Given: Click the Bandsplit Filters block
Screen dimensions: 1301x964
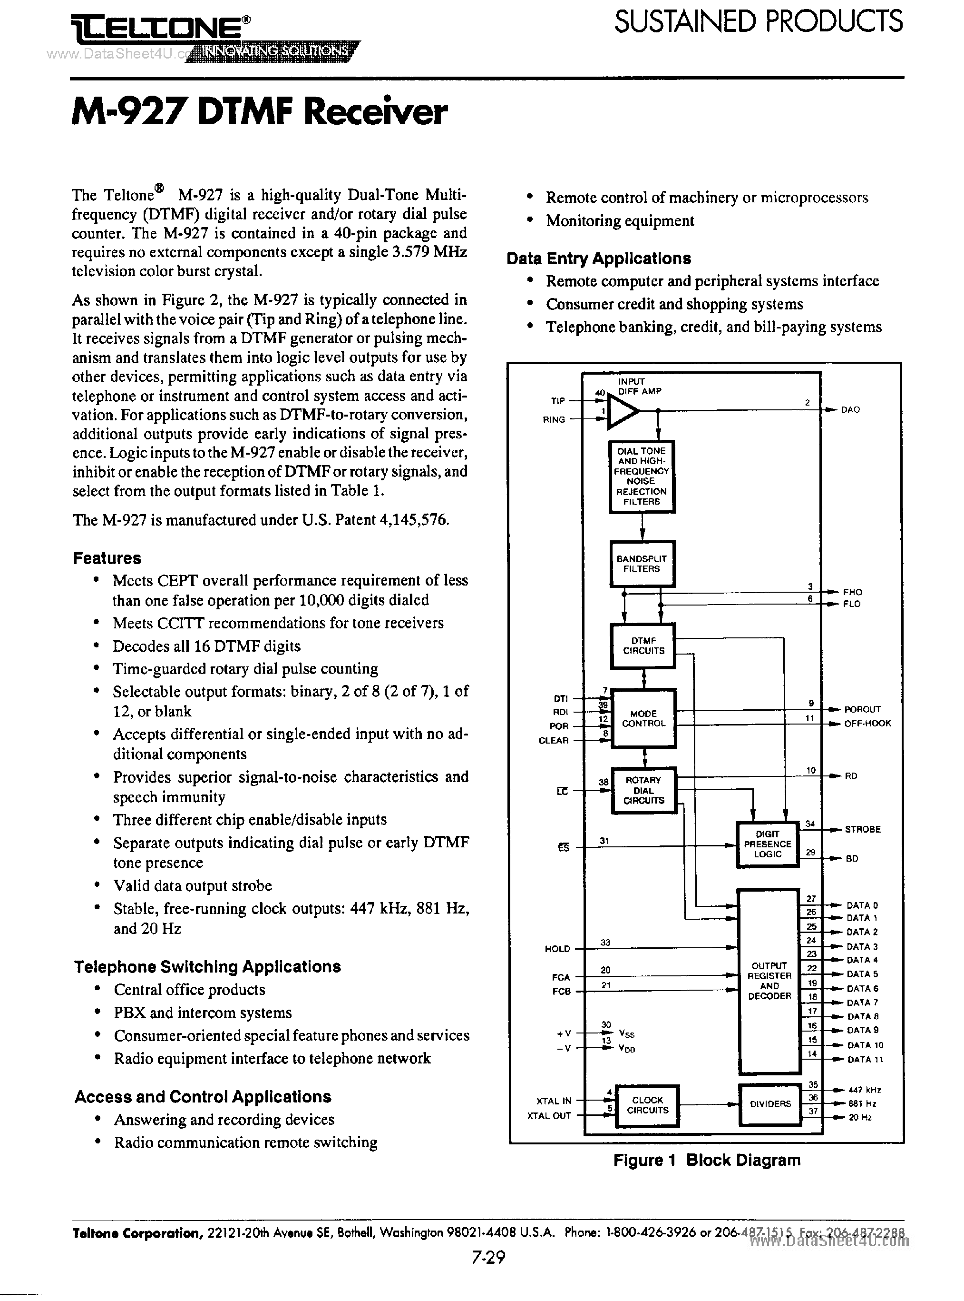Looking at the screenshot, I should tap(642, 564).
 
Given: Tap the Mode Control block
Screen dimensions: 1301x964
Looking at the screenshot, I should tap(643, 718).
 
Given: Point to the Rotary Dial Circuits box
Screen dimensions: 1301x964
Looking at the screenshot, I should tap(643, 790).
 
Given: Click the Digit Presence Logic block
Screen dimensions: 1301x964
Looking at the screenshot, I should tap(768, 844).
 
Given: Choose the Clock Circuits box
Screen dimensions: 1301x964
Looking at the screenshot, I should tap(648, 1105).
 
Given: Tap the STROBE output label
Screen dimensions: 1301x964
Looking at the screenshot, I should tap(863, 829).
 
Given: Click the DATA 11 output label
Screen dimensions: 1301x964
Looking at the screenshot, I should tap(865, 1059).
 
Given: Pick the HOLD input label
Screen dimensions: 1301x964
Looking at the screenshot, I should tap(557, 949).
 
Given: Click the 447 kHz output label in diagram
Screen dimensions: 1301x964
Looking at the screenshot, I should tap(864, 1090).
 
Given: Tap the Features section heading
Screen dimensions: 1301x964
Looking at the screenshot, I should tap(107, 558).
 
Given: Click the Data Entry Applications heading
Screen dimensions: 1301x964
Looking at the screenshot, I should tap(599, 258).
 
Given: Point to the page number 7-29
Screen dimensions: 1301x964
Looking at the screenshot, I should tap(488, 1257).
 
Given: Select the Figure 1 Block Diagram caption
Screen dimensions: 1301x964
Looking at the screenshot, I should tap(707, 1160).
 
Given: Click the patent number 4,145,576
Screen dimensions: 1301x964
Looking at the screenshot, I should tap(413, 520).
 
